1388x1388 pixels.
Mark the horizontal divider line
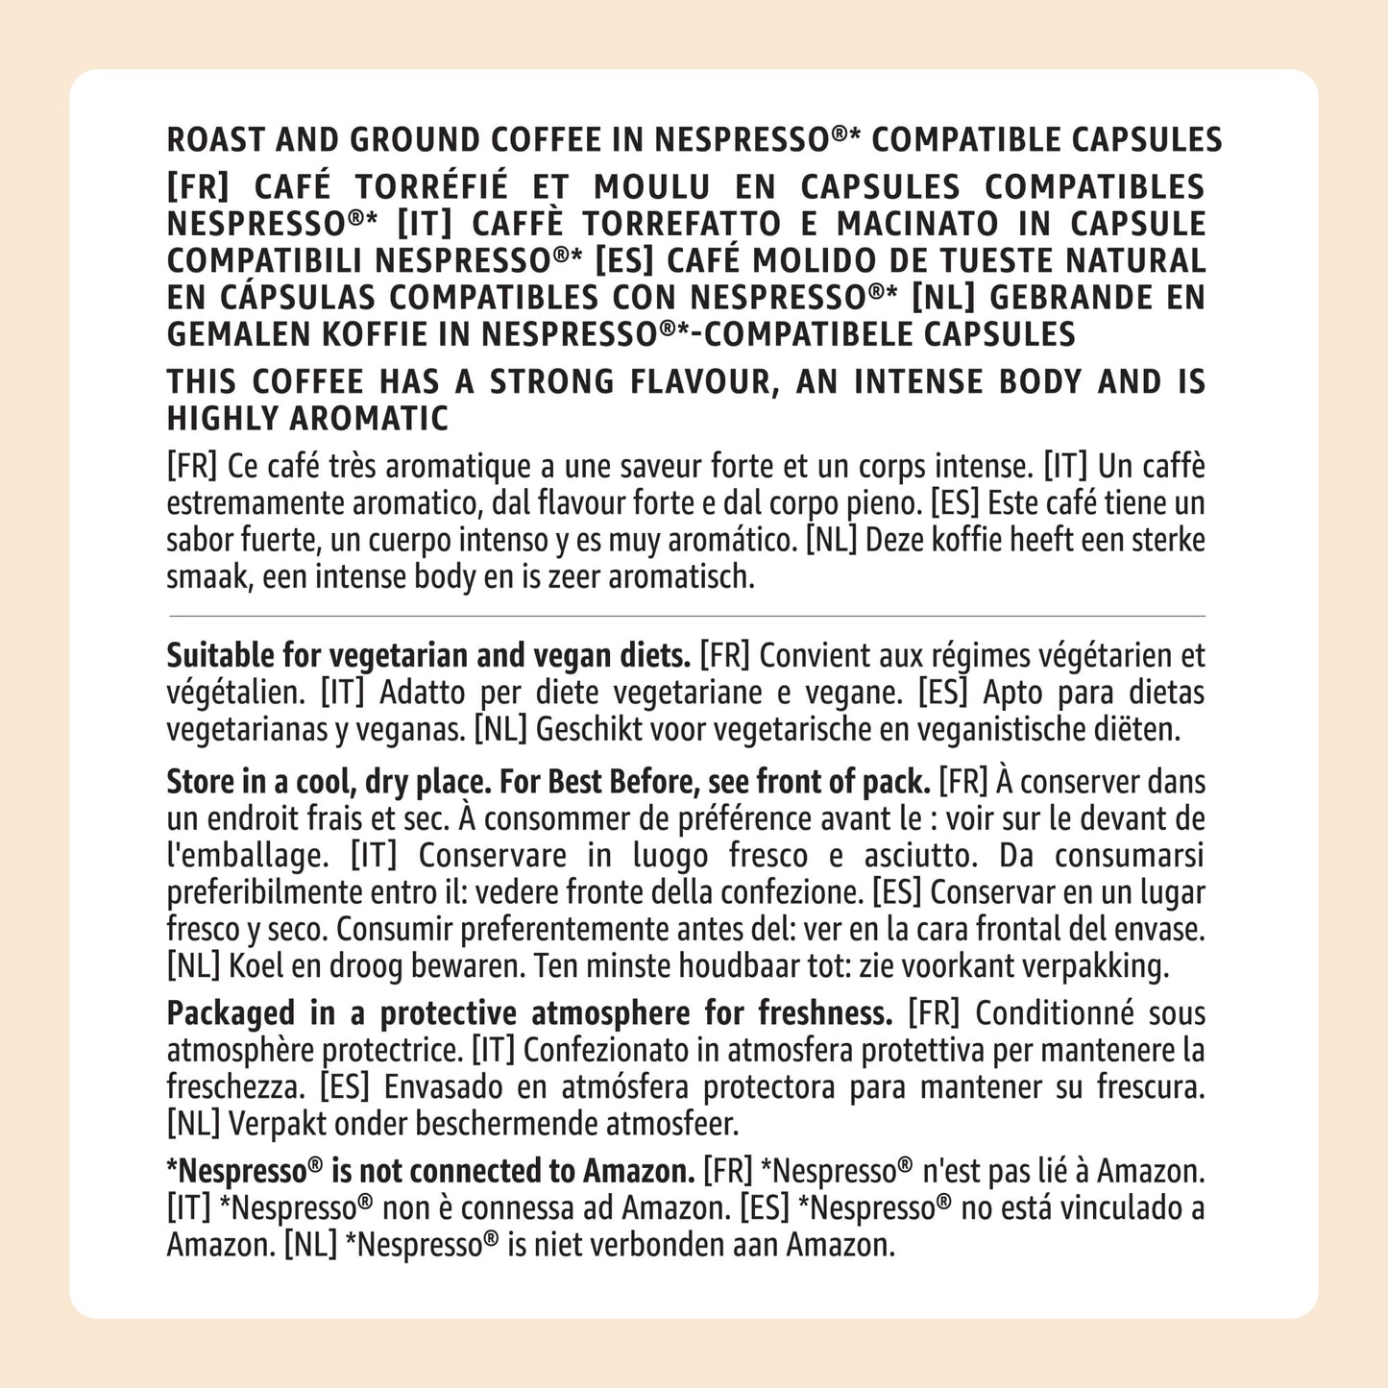coord(686,616)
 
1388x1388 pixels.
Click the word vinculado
coord(1091,1208)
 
